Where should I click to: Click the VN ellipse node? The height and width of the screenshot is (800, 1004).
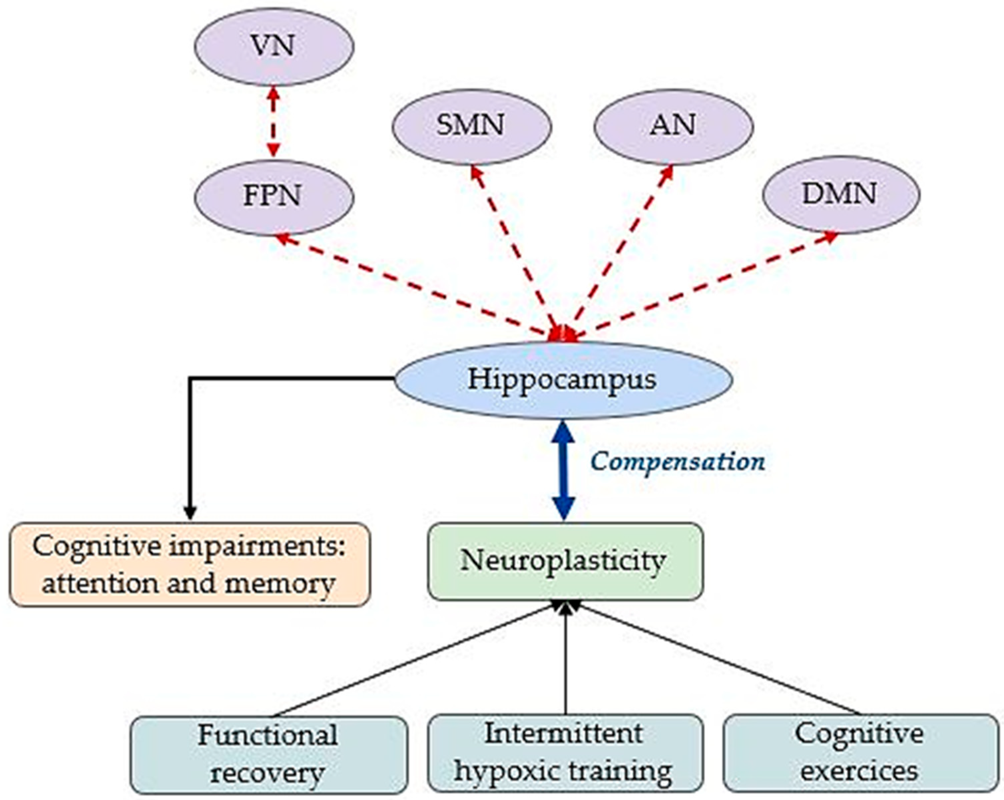[x=274, y=47]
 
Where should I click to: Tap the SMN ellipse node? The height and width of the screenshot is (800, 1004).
[x=471, y=126]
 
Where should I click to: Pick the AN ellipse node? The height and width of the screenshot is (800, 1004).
[x=673, y=126]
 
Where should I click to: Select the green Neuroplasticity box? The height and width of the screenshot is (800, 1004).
[x=565, y=561]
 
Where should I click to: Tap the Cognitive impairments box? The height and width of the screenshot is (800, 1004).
[x=189, y=564]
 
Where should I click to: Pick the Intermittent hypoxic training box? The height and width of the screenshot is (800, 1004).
[x=565, y=752]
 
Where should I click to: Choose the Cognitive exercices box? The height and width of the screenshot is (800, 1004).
[x=861, y=752]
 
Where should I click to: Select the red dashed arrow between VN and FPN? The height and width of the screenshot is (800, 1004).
[x=274, y=122]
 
